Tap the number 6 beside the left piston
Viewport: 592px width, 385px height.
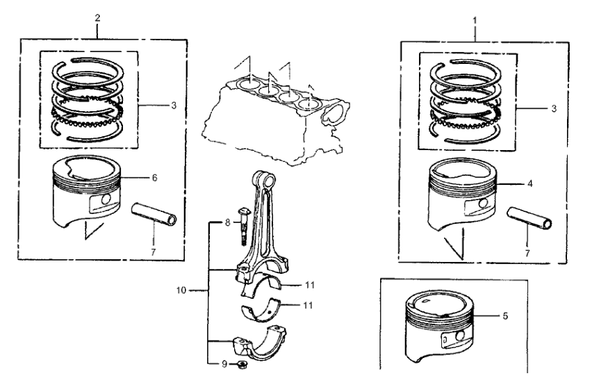(154, 178)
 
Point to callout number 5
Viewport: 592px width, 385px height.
(505, 316)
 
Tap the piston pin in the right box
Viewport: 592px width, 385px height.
(531, 222)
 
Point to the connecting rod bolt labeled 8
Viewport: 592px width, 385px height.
(242, 222)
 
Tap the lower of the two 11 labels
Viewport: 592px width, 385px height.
(307, 304)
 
